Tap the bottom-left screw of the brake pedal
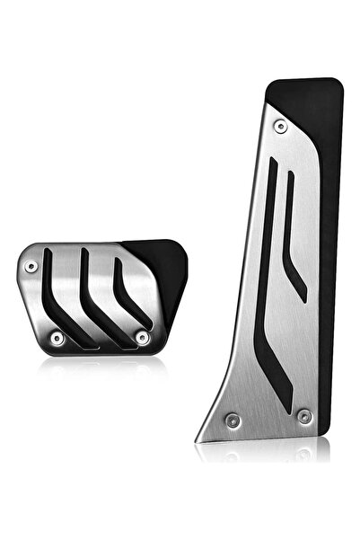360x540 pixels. coord(57,338)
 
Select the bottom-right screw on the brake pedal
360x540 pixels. coord(141,337)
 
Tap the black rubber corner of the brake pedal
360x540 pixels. coord(166,261)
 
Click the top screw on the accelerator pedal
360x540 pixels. coord(281,127)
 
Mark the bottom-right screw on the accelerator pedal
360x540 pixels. coord(303,415)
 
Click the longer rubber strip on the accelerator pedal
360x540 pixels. coord(269,270)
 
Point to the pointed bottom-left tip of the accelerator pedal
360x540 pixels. coord(199,438)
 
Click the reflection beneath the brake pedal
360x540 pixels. coord(99,364)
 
